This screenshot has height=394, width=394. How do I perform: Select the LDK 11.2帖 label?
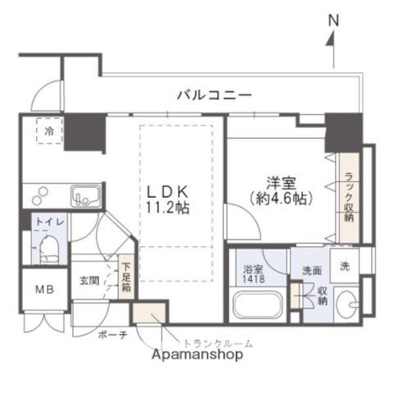click(168, 198)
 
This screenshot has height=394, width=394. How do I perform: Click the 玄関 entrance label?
click(89, 281)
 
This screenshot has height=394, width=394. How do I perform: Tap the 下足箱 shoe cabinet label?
click(126, 277)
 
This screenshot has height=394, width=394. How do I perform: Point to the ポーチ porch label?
click(112, 334)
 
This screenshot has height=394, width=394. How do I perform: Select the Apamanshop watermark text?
click(197, 355)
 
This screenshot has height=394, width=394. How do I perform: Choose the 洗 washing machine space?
click(346, 266)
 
